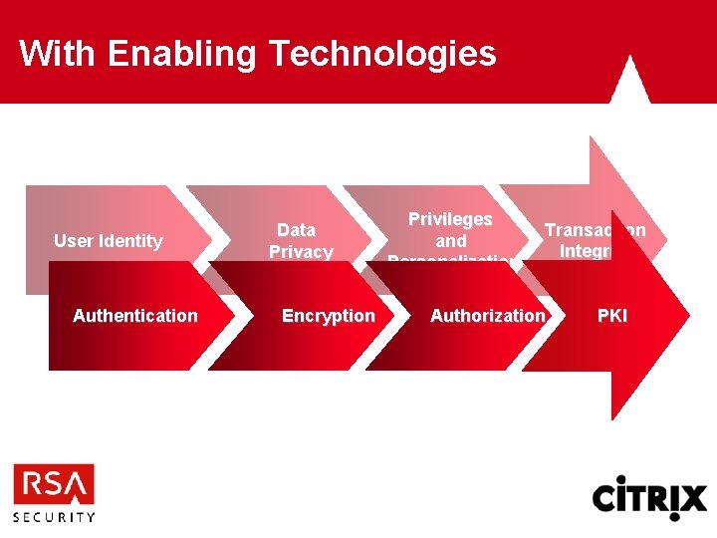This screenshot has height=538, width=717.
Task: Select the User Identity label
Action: coord(108,241)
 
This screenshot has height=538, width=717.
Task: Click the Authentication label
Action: coord(135,316)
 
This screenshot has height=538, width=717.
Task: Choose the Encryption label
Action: coord(329,316)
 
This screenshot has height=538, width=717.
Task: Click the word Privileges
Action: coord(450,219)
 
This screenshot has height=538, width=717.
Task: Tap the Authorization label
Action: coord(488,316)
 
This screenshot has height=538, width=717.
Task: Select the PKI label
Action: coord(612,316)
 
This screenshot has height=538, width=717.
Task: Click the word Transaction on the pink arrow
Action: coord(594,230)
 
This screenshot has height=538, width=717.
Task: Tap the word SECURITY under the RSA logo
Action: coord(54,517)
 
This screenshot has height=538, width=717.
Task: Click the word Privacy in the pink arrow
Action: coord(301,252)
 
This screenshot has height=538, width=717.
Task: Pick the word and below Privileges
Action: coord(450,241)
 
